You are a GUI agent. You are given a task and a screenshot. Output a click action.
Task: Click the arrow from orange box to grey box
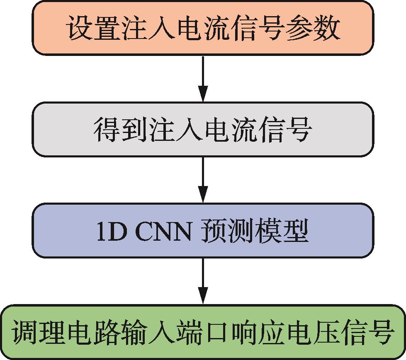click(203, 79)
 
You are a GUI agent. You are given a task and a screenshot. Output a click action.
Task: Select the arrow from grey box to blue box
click(203, 180)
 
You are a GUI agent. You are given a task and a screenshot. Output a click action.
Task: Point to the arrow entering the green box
click(203, 281)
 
